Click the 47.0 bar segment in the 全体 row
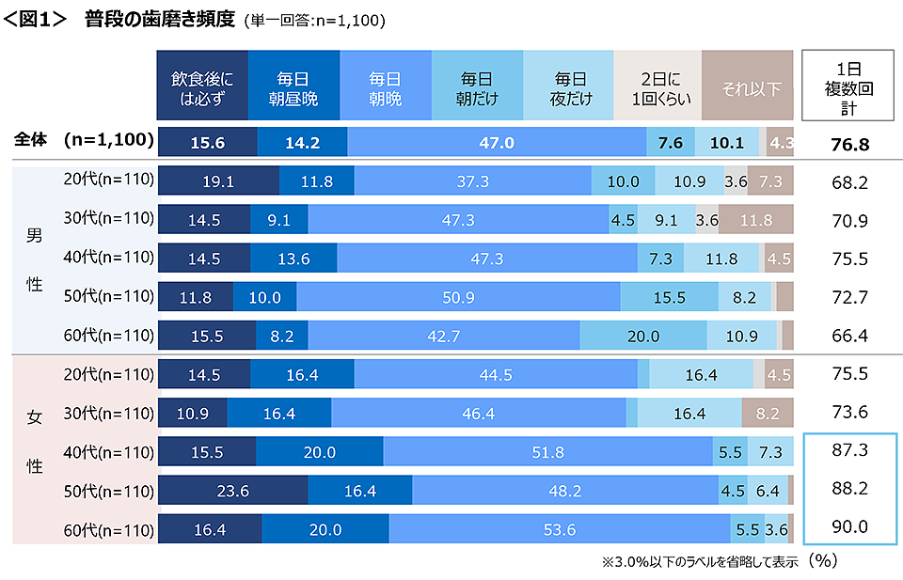point(497,142)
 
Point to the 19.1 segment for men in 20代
point(218,181)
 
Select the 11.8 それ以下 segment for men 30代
point(756,220)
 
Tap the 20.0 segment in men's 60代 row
point(642,336)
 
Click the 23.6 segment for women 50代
point(232,490)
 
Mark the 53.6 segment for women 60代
point(558,528)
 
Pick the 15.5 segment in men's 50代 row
point(669,297)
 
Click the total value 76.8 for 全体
point(848,143)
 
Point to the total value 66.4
point(848,336)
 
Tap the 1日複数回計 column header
point(848,86)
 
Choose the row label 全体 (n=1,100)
point(84,140)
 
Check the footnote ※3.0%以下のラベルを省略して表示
point(700,561)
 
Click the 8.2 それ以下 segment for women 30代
point(768,413)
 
